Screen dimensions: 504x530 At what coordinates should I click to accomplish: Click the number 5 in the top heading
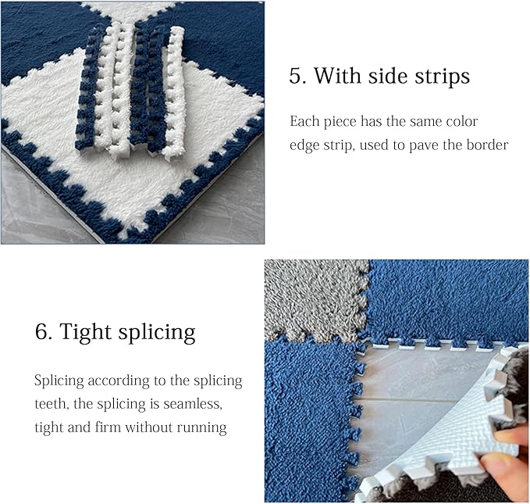click(296, 77)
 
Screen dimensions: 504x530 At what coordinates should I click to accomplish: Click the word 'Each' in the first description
click(303, 122)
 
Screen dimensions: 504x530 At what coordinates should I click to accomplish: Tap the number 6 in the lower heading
click(42, 332)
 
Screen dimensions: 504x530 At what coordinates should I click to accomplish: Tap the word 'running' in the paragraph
click(205, 427)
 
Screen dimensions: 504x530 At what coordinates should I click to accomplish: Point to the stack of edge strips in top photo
click(133, 90)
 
